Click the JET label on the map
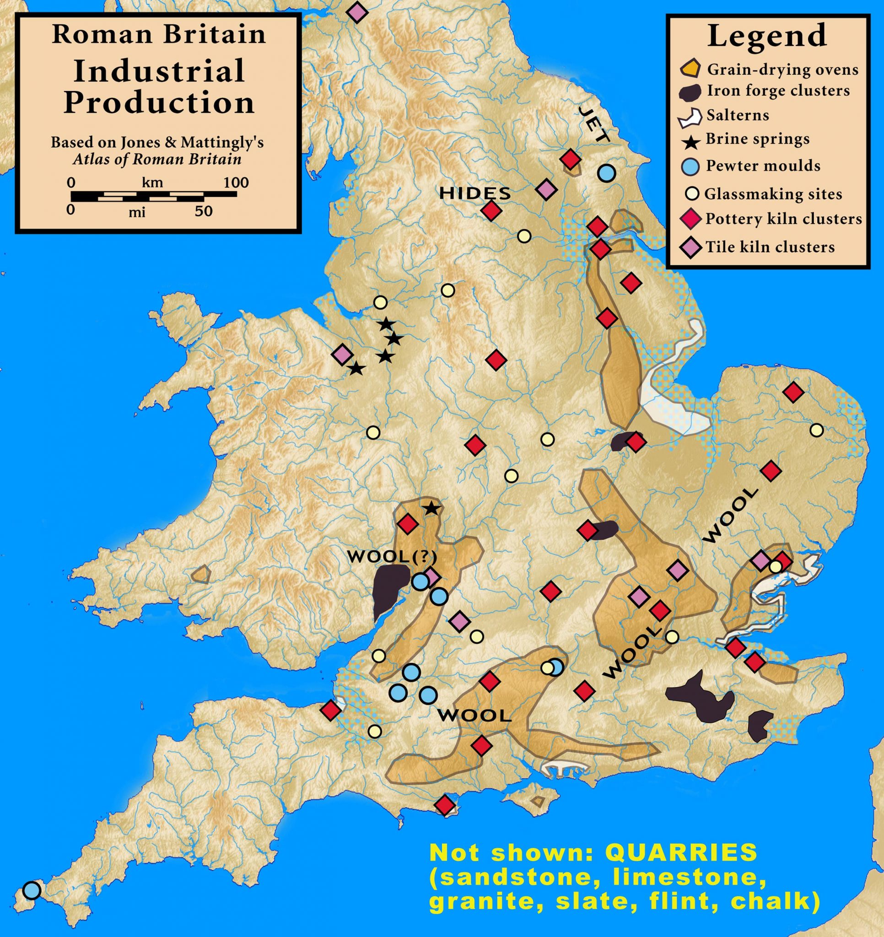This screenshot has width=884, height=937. tap(594, 124)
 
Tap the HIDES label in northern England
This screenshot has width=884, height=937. tap(475, 192)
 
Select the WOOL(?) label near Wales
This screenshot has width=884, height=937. tap(392, 557)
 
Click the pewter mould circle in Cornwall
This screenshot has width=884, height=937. tap(32, 890)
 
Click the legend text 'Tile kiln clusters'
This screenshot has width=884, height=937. tap(770, 247)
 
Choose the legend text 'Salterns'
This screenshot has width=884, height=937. tap(738, 115)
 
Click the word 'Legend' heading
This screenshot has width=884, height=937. tap(767, 35)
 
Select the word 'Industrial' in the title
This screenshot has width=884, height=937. tap(159, 71)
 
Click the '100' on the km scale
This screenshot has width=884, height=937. tap(236, 183)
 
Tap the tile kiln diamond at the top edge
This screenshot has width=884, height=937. tap(357, 12)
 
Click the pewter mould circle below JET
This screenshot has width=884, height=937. tap(606, 173)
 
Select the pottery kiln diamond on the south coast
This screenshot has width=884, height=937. tap(444, 805)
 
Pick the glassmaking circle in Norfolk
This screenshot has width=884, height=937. tap(817, 430)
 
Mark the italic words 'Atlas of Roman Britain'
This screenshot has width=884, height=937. tap(157, 159)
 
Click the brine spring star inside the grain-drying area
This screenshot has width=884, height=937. tap(431, 509)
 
